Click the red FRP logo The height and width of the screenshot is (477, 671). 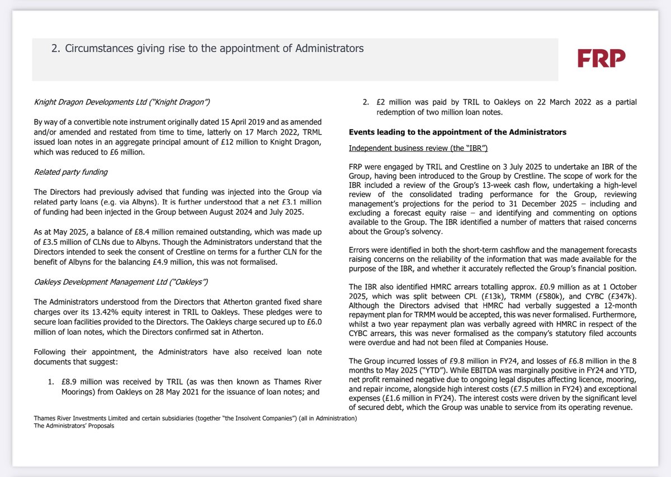click(x=601, y=58)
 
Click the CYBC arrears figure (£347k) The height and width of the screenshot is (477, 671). click(x=620, y=295)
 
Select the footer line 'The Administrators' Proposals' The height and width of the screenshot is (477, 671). click(x=74, y=426)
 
